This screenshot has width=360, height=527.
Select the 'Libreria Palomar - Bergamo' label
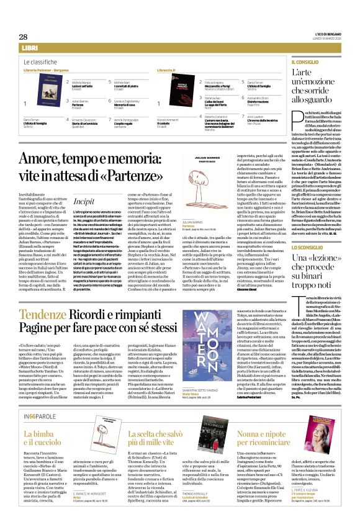pos(47,71)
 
